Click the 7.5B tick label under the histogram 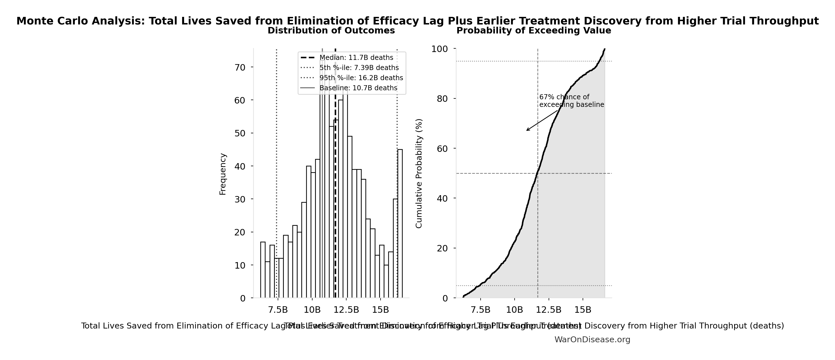tap(278, 310)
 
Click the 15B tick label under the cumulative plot tap(583, 310)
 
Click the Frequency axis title tap(223, 174)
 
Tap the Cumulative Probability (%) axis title tap(419, 174)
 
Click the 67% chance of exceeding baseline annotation tap(571, 101)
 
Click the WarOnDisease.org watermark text tap(592, 339)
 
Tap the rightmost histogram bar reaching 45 tap(400, 224)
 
